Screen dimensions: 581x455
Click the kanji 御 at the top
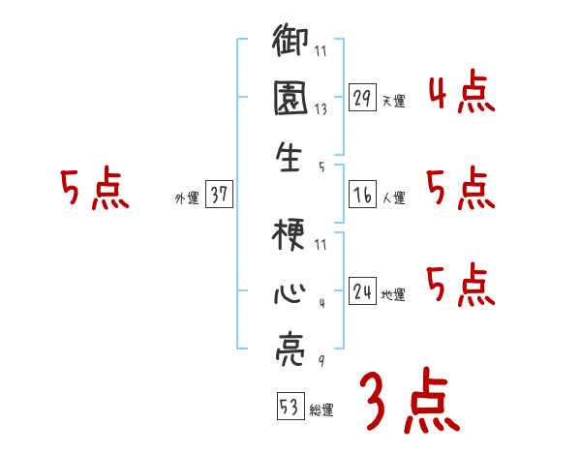coord(290,44)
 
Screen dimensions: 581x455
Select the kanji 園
coord(290,98)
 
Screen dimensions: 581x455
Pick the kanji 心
coord(290,291)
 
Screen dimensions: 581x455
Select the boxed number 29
coord(363,97)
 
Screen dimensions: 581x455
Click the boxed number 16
coord(363,195)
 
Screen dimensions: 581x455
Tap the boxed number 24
coord(363,291)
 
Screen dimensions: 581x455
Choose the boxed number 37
coord(219,195)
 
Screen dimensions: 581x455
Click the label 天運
coord(393,101)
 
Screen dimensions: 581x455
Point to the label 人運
coord(393,198)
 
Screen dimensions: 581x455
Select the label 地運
coord(393,295)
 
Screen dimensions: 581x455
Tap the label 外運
coord(187,198)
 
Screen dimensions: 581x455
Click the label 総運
coord(321,410)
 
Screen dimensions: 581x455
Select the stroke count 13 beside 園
coord(321,110)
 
